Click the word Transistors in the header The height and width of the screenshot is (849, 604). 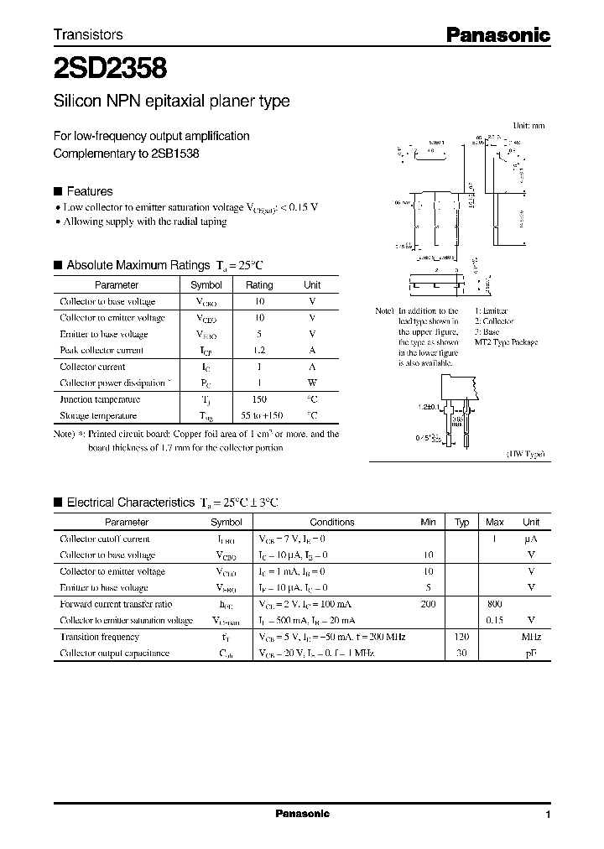[x=88, y=34]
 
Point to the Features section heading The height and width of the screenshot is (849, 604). [x=89, y=191]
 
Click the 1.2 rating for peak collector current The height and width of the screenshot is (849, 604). [x=259, y=351]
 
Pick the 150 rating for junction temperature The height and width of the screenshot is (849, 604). [x=259, y=400]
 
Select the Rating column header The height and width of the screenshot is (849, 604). [x=259, y=285]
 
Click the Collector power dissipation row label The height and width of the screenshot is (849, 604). [x=112, y=383]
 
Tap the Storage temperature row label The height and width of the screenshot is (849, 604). [x=98, y=416]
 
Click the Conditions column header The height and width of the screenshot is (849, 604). [x=332, y=522]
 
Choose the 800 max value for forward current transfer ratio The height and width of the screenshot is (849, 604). [x=494, y=604]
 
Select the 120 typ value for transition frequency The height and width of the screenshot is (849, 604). [x=461, y=637]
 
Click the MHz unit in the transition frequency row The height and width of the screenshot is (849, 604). [x=530, y=637]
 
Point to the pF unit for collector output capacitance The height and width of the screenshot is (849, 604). [x=530, y=653]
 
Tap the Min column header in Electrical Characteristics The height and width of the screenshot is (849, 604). [x=428, y=522]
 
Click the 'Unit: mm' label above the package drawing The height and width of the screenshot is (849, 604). [x=528, y=125]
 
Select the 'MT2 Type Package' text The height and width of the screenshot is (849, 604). [x=506, y=342]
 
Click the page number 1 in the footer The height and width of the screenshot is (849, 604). [x=548, y=815]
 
